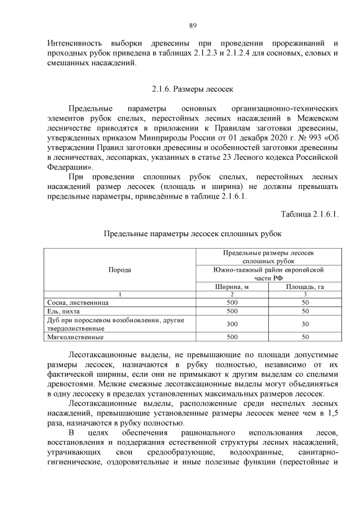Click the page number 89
coord(192,25)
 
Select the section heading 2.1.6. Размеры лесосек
coord(192,89)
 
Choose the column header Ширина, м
coord(232,286)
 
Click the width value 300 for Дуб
coord(232,324)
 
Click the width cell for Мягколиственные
coord(232,337)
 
